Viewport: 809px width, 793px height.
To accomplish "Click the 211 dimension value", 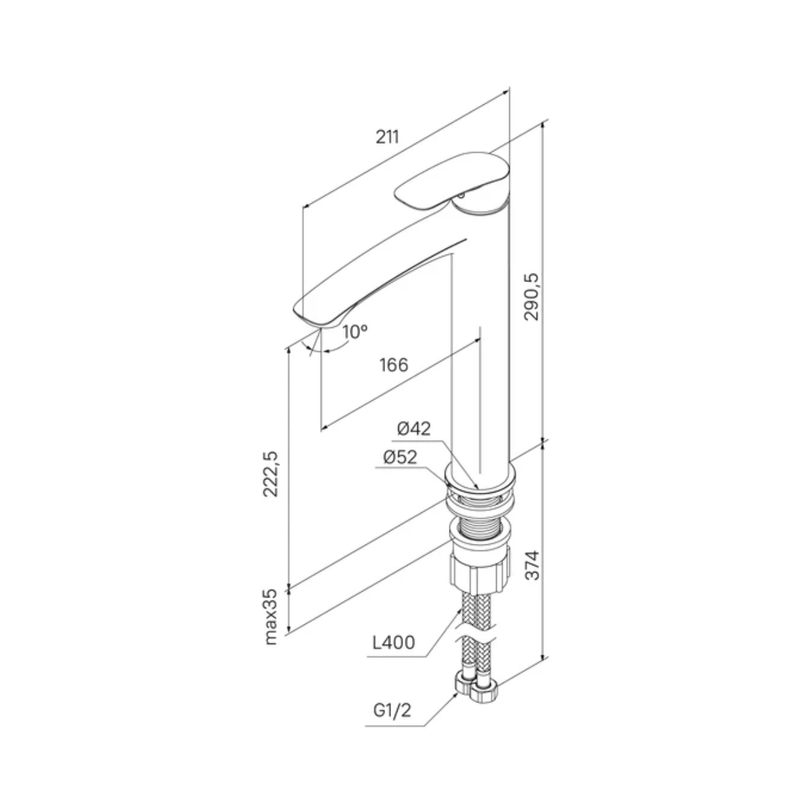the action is (387, 137).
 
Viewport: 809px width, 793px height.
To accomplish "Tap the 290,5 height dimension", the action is (531, 296).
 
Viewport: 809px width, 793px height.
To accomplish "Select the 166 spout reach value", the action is (394, 365).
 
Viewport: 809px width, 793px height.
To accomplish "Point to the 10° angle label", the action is (355, 332).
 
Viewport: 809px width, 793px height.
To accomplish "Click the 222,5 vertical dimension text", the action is (270, 474).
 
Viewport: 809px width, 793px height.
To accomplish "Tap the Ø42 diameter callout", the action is (414, 428).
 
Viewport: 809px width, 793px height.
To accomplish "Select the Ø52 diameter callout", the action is (400, 457).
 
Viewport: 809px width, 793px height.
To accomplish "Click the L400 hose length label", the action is (394, 643).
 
